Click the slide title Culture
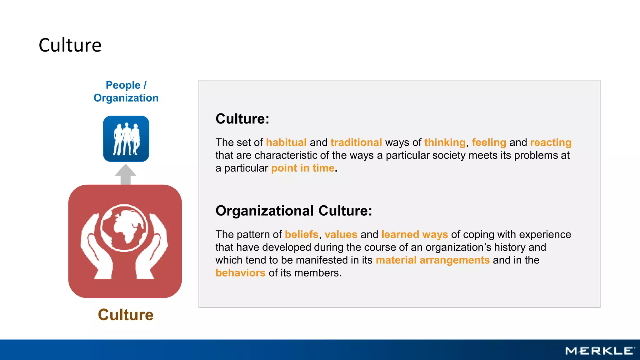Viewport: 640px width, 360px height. tap(70, 45)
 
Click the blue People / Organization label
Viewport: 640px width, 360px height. tap(126, 91)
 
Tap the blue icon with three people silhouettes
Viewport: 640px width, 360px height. tap(126, 139)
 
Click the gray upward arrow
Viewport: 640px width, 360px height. tap(126, 174)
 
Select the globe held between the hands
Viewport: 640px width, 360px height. tap(124, 228)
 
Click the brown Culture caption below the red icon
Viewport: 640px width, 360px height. tap(126, 315)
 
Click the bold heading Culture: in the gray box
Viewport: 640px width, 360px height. tap(242, 119)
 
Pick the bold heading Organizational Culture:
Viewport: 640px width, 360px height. tap(294, 211)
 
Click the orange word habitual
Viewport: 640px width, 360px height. tap(286, 142)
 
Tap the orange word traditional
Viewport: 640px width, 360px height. tap(356, 142)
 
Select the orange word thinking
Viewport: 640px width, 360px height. tap(445, 142)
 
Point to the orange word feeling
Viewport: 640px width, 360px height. tap(489, 142)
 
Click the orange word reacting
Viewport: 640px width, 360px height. tap(551, 142)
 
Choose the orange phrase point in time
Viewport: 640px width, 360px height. tap(302, 168)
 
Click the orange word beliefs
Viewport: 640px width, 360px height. tap(301, 235)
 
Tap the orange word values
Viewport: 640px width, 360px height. tap(341, 235)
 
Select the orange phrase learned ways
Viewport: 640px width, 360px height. tap(414, 235)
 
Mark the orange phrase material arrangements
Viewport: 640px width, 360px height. tap(432, 260)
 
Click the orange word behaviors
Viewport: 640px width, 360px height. tap(240, 273)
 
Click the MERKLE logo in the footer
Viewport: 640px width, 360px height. tap(600, 351)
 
